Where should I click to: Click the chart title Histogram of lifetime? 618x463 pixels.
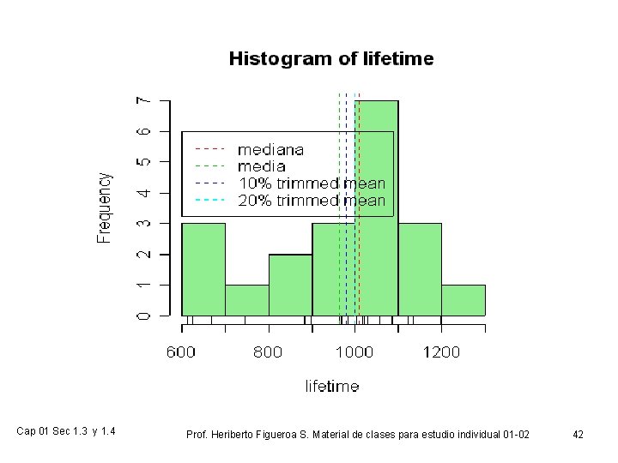(330, 59)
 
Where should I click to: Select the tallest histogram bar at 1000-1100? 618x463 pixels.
(377, 257)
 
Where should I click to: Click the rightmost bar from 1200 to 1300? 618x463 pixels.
(463, 300)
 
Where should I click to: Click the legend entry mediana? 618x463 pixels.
(270, 149)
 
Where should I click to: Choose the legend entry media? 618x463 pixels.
(262, 166)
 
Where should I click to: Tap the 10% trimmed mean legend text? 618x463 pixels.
(311, 183)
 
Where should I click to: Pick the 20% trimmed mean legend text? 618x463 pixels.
(311, 201)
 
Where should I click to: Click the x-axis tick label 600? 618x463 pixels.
(181, 352)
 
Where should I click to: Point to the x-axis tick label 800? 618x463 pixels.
(268, 352)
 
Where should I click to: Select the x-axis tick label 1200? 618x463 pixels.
(441, 352)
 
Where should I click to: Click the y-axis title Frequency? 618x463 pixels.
(104, 207)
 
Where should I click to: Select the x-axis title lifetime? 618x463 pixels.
(332, 387)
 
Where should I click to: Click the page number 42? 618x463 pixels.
(579, 436)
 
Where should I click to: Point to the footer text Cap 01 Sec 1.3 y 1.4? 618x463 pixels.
(67, 431)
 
